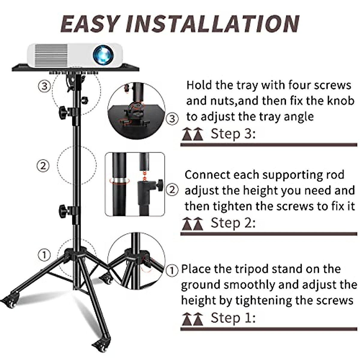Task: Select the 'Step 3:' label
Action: tap(233, 134)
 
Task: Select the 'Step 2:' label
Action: tap(233, 223)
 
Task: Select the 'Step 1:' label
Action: tap(233, 318)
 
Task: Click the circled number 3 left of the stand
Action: tap(44, 86)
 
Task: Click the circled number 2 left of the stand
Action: tap(43, 165)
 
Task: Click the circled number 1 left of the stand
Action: tap(44, 255)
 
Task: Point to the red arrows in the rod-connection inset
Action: tap(145, 176)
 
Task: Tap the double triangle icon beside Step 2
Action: tap(192, 224)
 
